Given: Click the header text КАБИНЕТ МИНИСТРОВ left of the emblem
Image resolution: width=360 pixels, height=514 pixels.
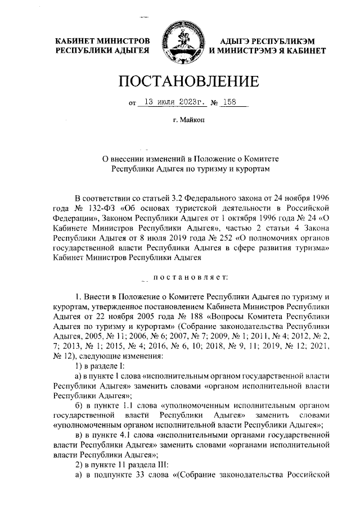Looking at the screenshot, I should [x=102, y=41].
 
